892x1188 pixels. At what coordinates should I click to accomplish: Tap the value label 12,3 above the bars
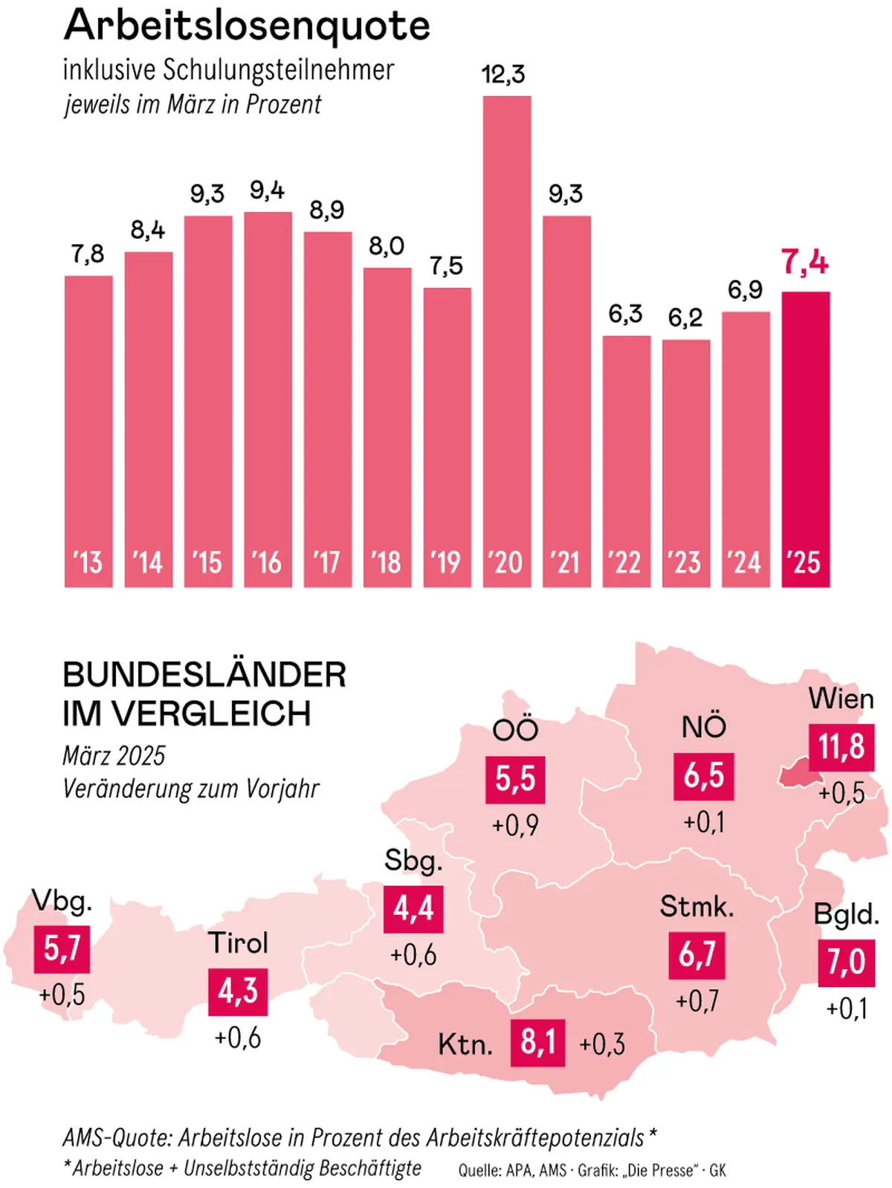click(x=503, y=74)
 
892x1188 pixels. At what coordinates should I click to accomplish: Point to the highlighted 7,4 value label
click(x=805, y=263)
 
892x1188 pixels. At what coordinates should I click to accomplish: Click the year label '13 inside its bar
click(x=88, y=562)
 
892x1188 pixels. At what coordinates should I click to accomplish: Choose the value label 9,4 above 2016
click(x=267, y=191)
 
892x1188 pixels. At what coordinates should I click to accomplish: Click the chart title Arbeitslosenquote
click(x=247, y=25)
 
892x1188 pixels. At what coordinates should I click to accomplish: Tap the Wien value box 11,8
click(x=841, y=747)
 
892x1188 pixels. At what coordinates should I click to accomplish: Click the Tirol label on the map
click(x=238, y=943)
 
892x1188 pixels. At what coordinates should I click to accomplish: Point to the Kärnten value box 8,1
click(x=537, y=1042)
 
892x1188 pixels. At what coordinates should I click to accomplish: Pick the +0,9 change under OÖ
click(x=515, y=826)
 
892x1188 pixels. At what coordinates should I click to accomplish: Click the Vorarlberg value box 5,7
click(x=62, y=948)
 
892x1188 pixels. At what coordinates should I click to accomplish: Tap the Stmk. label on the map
click(x=697, y=907)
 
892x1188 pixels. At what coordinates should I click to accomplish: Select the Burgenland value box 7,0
click(x=846, y=963)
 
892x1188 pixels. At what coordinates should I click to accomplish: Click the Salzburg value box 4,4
click(x=413, y=908)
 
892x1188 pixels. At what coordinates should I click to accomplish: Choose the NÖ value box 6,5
click(x=703, y=776)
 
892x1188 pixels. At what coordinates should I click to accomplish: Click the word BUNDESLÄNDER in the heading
click(x=204, y=675)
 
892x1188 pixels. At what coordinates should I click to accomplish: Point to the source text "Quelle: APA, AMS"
click(x=512, y=1171)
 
